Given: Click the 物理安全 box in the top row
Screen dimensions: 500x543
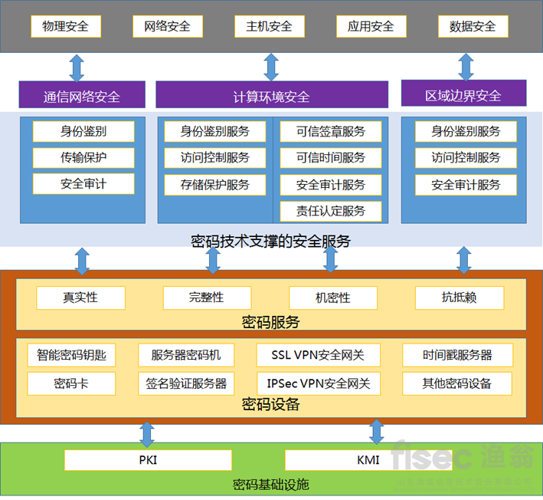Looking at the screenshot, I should click(65, 26).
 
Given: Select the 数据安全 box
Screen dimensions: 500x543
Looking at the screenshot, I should click(473, 26).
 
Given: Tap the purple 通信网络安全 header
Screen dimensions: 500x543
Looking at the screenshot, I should click(82, 96).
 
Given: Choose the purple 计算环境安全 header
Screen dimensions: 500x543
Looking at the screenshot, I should click(271, 96).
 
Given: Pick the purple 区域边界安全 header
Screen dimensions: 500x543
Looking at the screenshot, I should click(463, 95).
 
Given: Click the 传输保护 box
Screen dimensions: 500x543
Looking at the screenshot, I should click(83, 158).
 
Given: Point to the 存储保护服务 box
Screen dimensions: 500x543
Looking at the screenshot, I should click(215, 185).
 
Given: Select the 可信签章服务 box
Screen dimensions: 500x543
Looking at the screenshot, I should click(331, 131).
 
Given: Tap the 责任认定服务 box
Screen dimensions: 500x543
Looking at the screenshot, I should click(331, 211).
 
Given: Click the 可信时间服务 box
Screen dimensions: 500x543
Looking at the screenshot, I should click(331, 158).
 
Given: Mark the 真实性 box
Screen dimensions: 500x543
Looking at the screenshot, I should click(80, 298).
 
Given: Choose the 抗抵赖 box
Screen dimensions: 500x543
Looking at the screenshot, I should click(460, 298).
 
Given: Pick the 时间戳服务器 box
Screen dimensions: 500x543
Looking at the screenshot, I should click(457, 356).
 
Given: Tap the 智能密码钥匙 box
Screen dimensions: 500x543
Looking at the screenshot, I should click(71, 356).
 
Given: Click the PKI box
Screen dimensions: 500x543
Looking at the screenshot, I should click(148, 460).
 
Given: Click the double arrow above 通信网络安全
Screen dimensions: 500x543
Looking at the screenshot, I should click(77, 67).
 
